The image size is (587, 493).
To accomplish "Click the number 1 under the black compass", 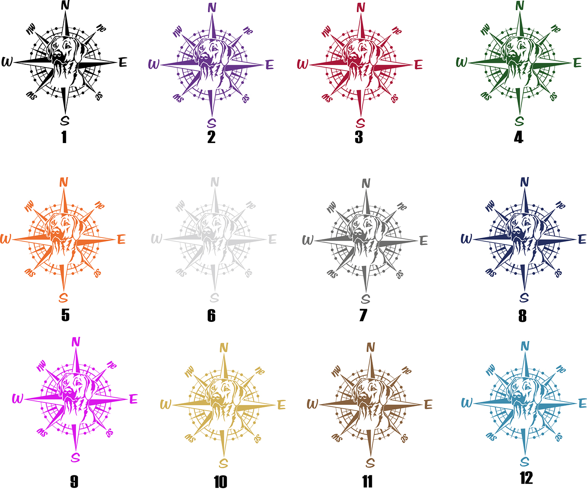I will pos(64,137).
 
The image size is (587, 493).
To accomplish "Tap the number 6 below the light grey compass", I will pos(211,316).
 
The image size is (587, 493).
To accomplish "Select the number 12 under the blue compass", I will pos(526,478).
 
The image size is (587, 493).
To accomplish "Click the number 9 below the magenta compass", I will pos(74,482).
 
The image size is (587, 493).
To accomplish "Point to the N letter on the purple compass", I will pos(212,8).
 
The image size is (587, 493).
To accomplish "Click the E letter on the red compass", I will pos(418,65).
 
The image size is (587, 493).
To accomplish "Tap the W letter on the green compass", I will pos(461,63).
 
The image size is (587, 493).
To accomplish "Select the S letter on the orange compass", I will pos(63,298).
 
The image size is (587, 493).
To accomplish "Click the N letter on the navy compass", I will pos(525,182).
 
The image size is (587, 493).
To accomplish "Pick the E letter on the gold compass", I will pos(281,405).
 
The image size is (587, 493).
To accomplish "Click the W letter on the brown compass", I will pos(312,404).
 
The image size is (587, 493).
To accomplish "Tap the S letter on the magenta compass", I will pos(75,457).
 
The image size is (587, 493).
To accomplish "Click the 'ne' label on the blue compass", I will pos(561,369).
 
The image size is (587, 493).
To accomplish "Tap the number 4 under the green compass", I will pos(519,137).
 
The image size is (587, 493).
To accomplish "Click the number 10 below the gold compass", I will pos(220,482).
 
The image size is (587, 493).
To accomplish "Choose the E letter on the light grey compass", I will pos(273,240).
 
